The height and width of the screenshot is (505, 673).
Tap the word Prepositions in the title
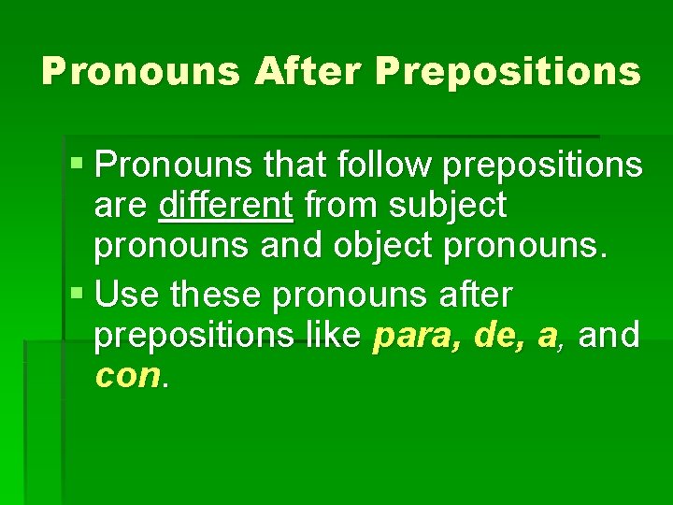point(508,71)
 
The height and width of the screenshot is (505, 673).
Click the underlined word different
point(226,204)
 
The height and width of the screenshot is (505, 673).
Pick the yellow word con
point(128,375)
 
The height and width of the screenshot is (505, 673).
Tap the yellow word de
point(494,334)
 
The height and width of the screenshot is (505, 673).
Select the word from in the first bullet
point(345,204)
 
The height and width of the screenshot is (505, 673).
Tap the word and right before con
point(609,334)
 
